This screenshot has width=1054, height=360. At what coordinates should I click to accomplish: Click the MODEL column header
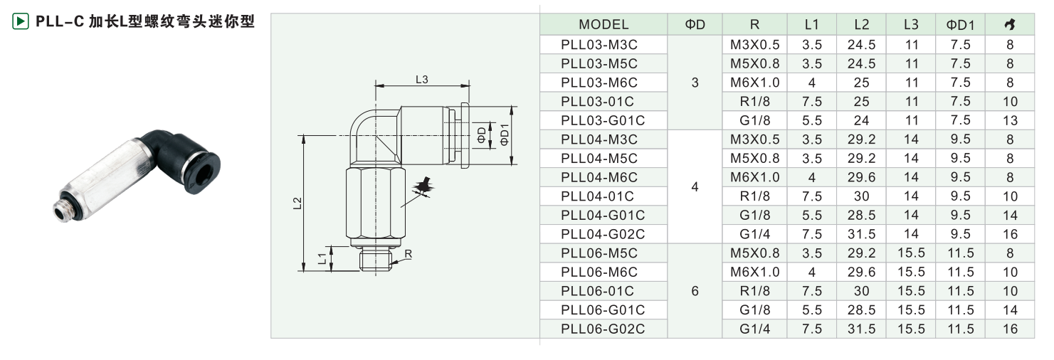(604, 25)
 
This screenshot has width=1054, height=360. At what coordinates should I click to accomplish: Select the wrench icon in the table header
(1009, 25)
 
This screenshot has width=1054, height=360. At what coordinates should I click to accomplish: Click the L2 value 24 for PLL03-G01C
(861, 120)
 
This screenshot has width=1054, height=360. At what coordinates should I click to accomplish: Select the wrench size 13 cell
(1009, 120)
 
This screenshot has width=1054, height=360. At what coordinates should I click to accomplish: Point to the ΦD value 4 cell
(695, 187)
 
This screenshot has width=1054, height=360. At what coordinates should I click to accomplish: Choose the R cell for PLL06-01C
(754, 291)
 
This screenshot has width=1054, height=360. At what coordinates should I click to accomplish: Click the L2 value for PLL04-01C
(861, 196)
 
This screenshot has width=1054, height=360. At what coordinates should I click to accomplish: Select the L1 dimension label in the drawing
(322, 259)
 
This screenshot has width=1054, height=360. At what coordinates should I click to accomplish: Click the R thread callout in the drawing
(408, 253)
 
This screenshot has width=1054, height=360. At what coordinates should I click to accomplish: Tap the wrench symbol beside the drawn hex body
(424, 187)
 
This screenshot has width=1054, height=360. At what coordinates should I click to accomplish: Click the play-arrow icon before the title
(21, 21)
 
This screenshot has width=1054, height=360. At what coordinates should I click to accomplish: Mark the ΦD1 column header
(960, 25)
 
